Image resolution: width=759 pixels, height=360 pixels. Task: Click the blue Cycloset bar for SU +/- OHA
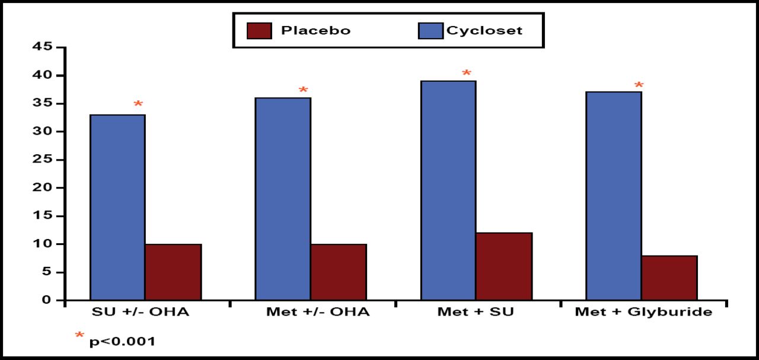coord(117,208)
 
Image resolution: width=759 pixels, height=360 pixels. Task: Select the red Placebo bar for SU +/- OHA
coord(173,272)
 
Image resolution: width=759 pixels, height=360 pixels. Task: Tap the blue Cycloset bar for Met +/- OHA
coord(283,199)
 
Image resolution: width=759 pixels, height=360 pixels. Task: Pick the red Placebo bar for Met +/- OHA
coord(339,272)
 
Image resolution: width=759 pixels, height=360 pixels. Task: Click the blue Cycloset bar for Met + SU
coord(448,190)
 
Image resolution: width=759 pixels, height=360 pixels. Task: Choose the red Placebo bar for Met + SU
coord(504,266)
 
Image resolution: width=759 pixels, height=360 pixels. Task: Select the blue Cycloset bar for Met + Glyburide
coord(614,196)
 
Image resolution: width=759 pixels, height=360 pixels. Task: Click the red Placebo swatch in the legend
coord(259,31)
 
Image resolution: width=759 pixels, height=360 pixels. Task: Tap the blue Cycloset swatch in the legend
coord(430,31)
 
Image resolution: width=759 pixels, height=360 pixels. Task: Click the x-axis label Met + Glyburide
coord(643,312)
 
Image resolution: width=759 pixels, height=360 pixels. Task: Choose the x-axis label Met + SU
coord(476,312)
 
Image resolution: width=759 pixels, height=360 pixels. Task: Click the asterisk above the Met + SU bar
coord(467,74)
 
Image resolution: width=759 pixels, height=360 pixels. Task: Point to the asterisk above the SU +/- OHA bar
coord(138,105)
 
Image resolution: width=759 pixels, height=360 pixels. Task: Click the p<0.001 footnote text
coord(122,342)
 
